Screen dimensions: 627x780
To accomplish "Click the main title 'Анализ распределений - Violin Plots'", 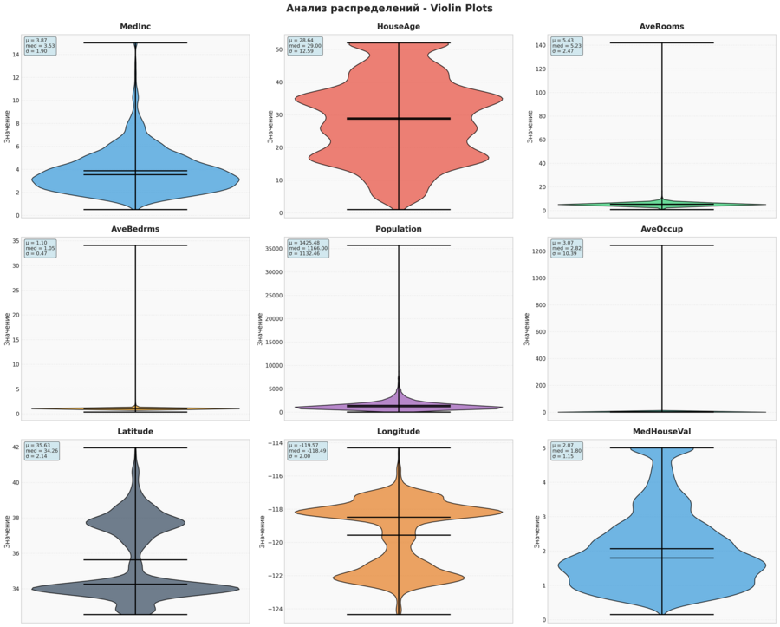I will (389, 9).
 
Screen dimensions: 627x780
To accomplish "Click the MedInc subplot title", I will (135, 26).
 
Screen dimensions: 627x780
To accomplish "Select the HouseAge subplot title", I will (399, 26).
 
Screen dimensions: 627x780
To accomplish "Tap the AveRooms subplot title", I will (661, 26).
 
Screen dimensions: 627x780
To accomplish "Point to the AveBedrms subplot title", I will (135, 229).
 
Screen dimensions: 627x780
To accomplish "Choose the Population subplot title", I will (399, 229).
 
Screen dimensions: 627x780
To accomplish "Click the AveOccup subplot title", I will (661, 229).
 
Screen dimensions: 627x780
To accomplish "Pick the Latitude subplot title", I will (135, 431).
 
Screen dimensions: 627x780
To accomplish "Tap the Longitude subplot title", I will (399, 431).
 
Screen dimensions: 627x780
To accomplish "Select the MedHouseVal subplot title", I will (661, 431).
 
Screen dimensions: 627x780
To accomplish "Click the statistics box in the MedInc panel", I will (40, 46).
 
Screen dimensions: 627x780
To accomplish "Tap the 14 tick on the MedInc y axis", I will (16, 55).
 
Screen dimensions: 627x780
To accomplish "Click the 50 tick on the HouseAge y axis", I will (279, 49).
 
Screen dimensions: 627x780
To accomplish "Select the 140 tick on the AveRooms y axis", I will (540, 45).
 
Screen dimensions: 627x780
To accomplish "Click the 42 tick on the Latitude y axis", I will (16, 447).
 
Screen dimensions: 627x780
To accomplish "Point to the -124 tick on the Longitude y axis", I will (276, 609).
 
